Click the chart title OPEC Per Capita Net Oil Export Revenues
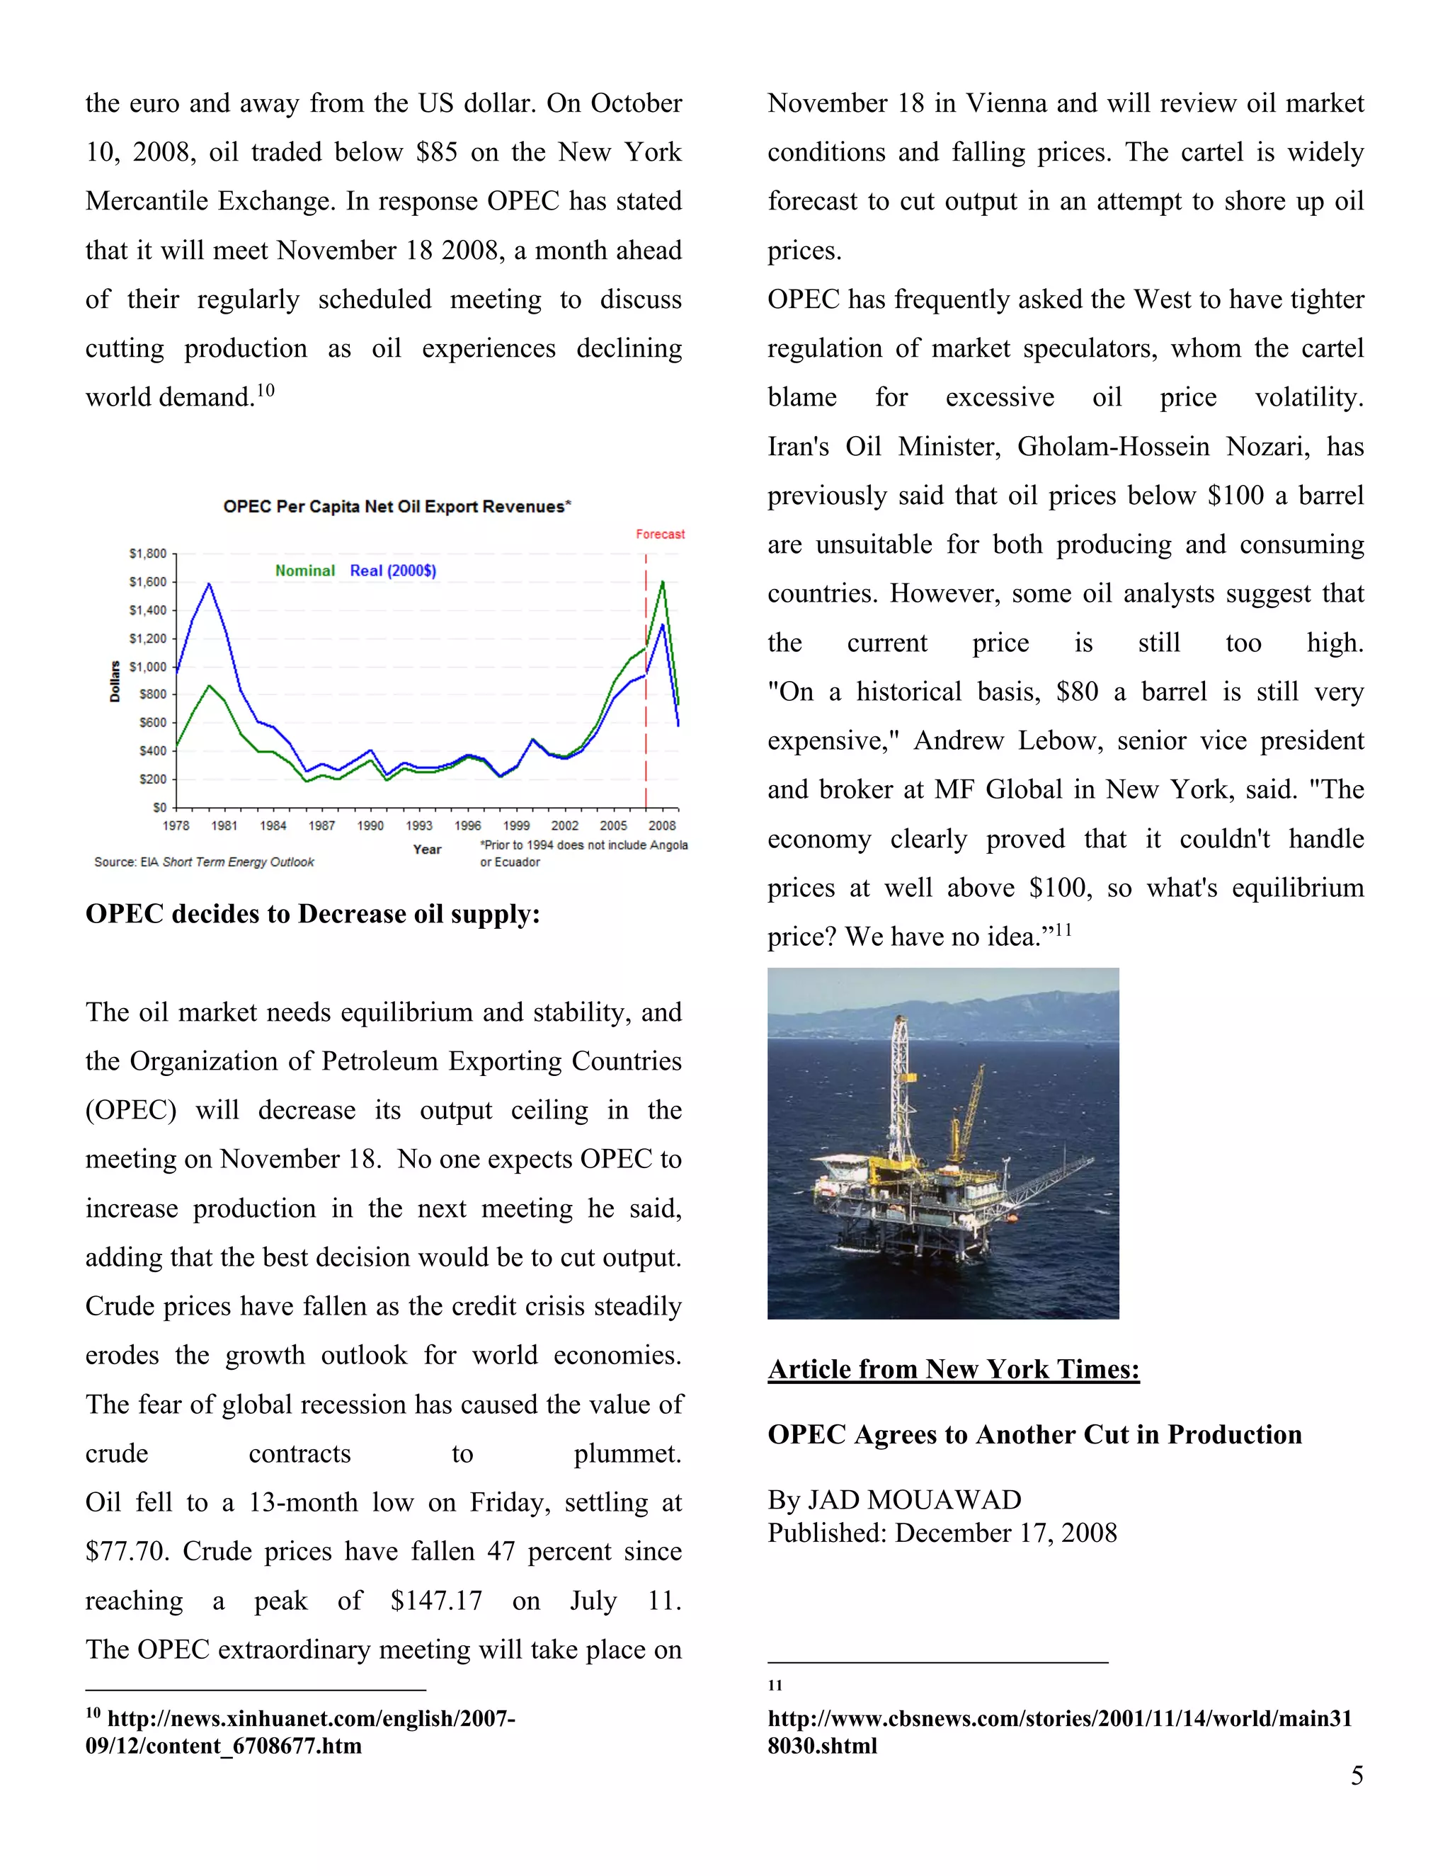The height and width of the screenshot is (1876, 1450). (x=397, y=507)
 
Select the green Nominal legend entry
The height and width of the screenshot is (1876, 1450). (x=305, y=571)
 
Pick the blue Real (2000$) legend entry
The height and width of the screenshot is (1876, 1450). (x=392, y=571)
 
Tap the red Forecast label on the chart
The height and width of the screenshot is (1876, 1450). (x=660, y=534)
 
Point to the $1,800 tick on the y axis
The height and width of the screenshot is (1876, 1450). (x=148, y=554)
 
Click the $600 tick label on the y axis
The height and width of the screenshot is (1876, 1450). (x=152, y=722)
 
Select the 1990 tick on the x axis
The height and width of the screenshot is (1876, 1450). (x=370, y=825)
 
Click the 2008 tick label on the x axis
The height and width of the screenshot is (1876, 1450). (x=661, y=825)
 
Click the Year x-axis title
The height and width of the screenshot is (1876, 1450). (x=427, y=849)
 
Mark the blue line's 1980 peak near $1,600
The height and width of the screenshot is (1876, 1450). (x=209, y=584)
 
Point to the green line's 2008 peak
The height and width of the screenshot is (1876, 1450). (x=662, y=583)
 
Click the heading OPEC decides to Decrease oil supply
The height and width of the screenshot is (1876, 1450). (x=313, y=914)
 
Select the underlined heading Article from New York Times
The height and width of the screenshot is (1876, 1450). (x=954, y=1369)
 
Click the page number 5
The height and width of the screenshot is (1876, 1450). (x=1357, y=1775)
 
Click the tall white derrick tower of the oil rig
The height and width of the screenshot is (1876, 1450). (x=899, y=1082)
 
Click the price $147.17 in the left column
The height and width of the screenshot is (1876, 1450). (x=436, y=1601)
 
